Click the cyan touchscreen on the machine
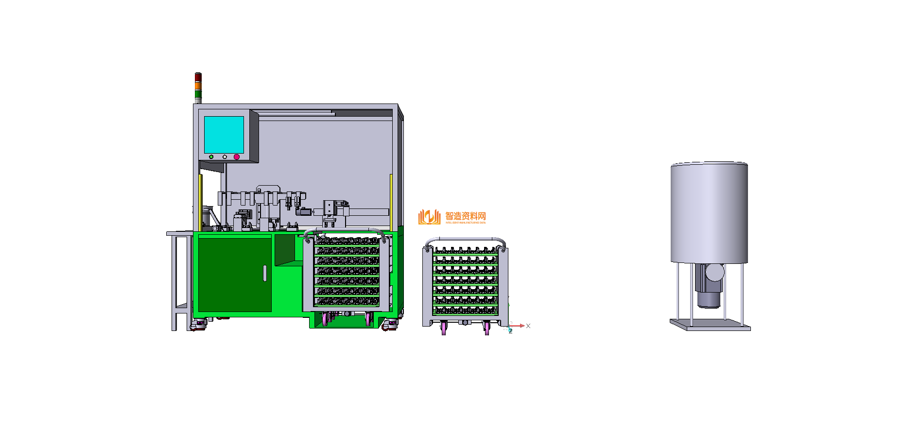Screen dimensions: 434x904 224,135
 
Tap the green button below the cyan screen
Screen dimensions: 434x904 211,157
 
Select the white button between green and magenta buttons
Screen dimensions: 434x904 225,157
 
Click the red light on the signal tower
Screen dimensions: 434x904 198,77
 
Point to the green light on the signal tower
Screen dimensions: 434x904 198,94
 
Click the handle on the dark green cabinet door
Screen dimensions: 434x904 265,273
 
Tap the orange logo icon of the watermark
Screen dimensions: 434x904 429,217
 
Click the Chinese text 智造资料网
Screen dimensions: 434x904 466,216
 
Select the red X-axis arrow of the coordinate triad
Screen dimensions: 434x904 518,326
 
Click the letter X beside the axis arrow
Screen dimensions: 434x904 528,326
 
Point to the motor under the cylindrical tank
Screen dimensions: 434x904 710,287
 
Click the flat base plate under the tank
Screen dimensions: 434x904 710,325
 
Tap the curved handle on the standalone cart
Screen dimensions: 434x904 465,240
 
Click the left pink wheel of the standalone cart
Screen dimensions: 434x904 444,329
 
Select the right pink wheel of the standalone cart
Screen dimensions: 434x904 487,329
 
